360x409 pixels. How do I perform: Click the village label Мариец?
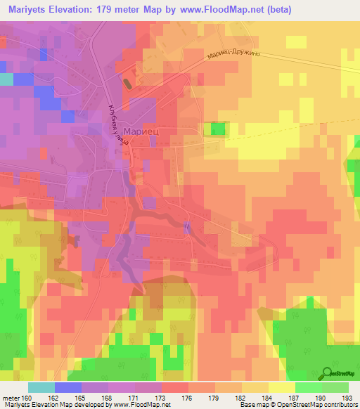pos(142,131)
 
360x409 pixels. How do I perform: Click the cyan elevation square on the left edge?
pos(6,79)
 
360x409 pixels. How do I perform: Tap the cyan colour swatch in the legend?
pos(41,387)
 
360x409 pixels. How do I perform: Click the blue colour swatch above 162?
pos(68,387)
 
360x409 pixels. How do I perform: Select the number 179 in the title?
pos(114,11)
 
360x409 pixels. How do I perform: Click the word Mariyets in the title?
pos(27,11)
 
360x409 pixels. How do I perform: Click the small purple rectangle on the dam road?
pos(187,226)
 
